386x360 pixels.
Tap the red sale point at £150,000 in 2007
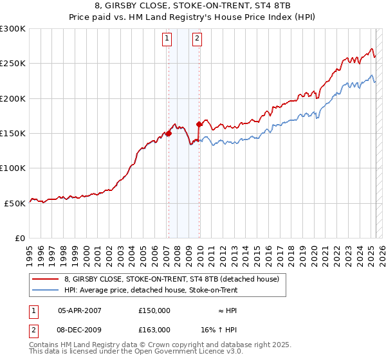(x=169, y=134)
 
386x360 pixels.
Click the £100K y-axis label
(x=14, y=168)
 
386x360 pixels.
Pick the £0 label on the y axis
(x=19, y=238)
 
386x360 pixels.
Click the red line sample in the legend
(x=44, y=280)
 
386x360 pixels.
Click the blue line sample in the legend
(x=44, y=290)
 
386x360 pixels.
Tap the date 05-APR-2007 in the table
(x=79, y=310)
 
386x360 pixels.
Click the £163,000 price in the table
(x=154, y=329)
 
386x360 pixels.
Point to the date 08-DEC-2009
(x=79, y=329)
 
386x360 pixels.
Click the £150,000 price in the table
(x=154, y=310)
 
